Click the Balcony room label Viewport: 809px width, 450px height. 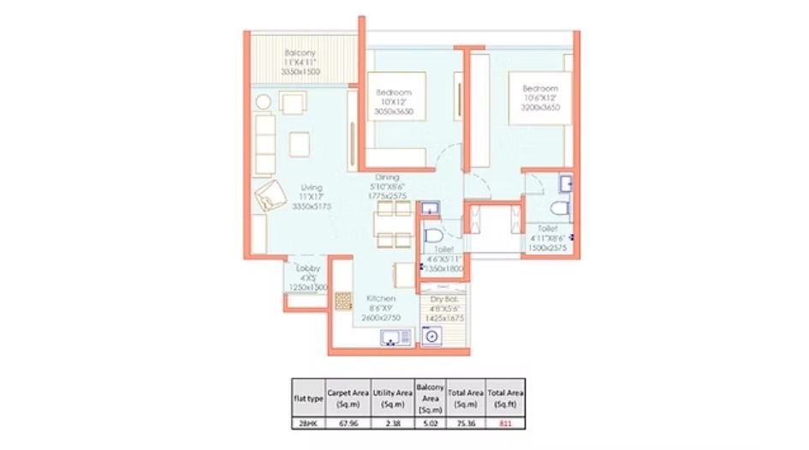pos(300,53)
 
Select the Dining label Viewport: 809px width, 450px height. pos(387,177)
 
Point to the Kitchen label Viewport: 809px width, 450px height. pos(380,298)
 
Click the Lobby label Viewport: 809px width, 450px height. pos(308,268)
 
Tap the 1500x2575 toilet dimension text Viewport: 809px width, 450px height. pos(548,247)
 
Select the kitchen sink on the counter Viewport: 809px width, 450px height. pos(395,339)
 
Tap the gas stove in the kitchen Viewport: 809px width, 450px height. pos(343,300)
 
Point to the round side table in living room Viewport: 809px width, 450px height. pos(263,103)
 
